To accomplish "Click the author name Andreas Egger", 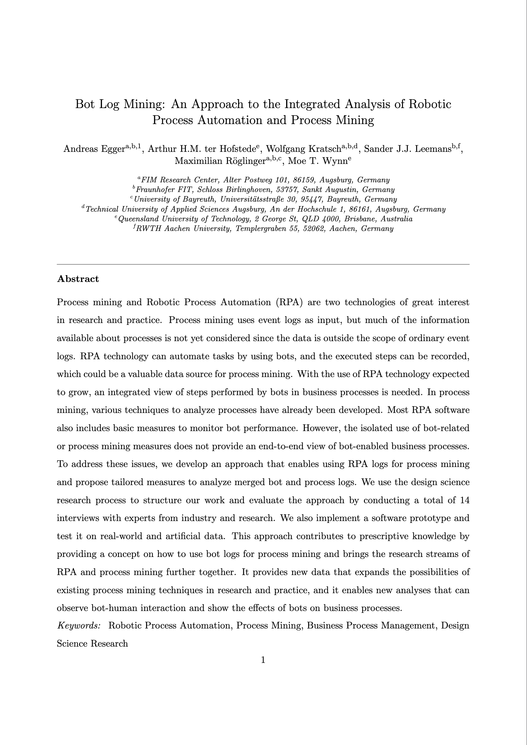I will (x=94, y=149).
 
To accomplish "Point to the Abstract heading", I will (x=78, y=279).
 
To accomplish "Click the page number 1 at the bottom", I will (x=263, y=660).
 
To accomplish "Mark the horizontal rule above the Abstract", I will (x=263, y=264).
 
